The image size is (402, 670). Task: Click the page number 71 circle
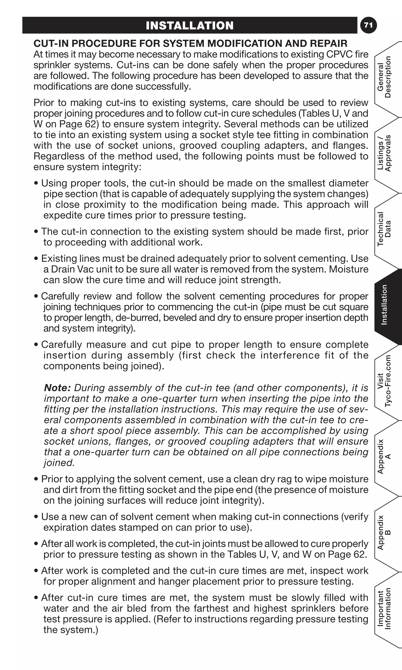point(368,25)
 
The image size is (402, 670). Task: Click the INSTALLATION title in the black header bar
point(190,26)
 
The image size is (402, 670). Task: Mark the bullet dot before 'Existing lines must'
point(36,259)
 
